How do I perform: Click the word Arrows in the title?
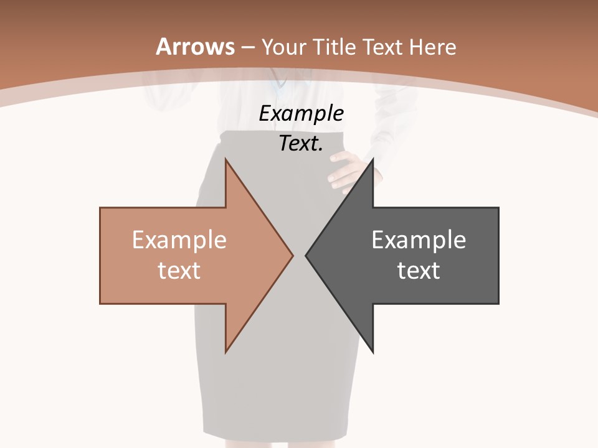[x=196, y=47]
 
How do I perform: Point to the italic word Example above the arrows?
[x=301, y=114]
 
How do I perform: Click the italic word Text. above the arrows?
[x=301, y=143]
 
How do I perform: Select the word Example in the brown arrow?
[x=179, y=240]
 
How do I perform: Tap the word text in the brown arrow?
[x=179, y=270]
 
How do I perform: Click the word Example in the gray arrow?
[x=419, y=240]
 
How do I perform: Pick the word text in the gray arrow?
[x=419, y=270]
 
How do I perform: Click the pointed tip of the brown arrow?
[x=292, y=255]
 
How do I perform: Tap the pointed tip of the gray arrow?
[x=307, y=255]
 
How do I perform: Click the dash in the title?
[x=247, y=47]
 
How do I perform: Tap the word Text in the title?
[x=379, y=47]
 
